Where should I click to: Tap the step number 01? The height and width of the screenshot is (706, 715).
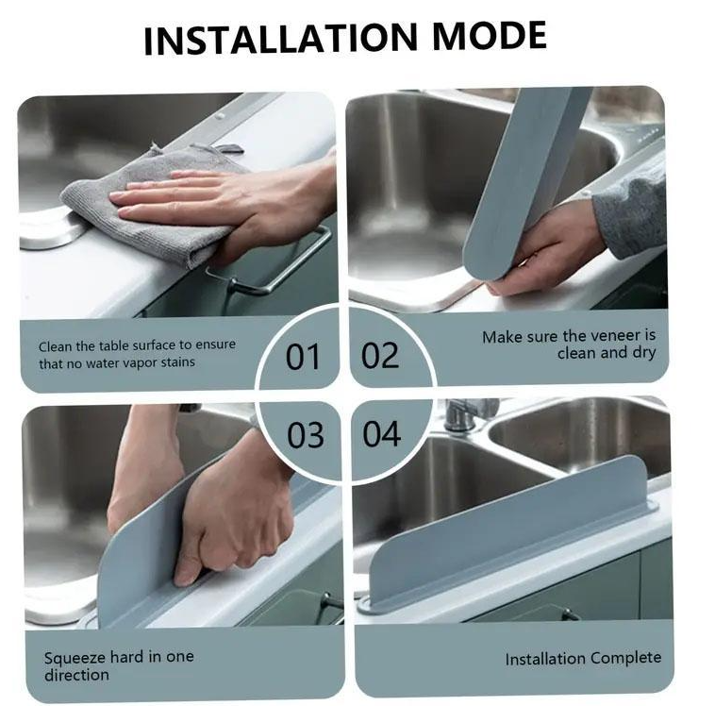click(x=303, y=357)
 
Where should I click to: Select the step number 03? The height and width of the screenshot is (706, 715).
click(x=305, y=435)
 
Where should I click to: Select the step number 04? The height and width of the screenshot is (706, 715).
click(x=382, y=434)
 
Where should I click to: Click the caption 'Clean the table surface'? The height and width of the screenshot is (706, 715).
click(x=137, y=354)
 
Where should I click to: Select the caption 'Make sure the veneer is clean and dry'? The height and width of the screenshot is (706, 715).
click(x=569, y=345)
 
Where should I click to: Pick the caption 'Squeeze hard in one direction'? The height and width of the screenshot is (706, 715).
click(x=119, y=665)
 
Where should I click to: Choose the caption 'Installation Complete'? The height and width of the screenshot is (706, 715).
click(x=583, y=659)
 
